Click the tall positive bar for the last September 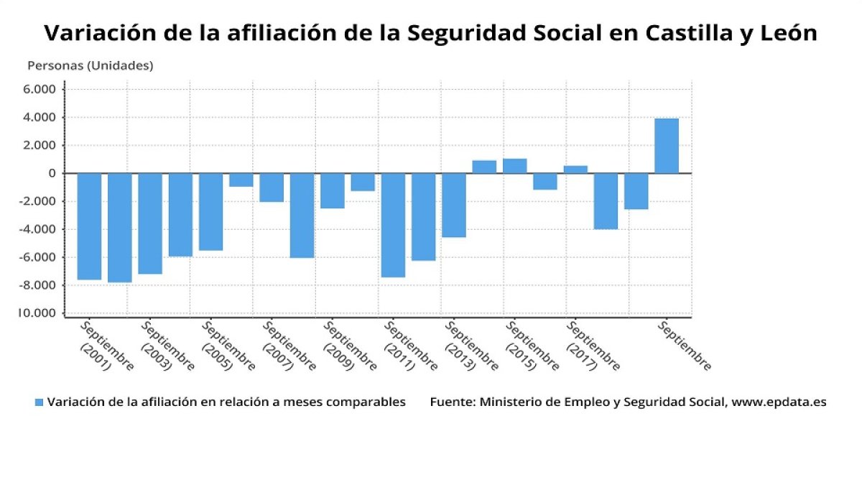click(666, 146)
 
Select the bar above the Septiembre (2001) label click(89, 226)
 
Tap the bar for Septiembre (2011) click(393, 224)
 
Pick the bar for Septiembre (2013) click(453, 205)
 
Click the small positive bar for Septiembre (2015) click(514, 166)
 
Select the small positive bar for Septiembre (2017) click(575, 170)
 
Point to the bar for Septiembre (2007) click(271, 187)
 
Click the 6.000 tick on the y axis click(40, 89)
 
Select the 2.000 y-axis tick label click(40, 145)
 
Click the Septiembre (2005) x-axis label click(228, 346)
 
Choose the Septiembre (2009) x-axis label click(350, 346)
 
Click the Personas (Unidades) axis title click(91, 65)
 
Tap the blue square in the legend click(40, 402)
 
